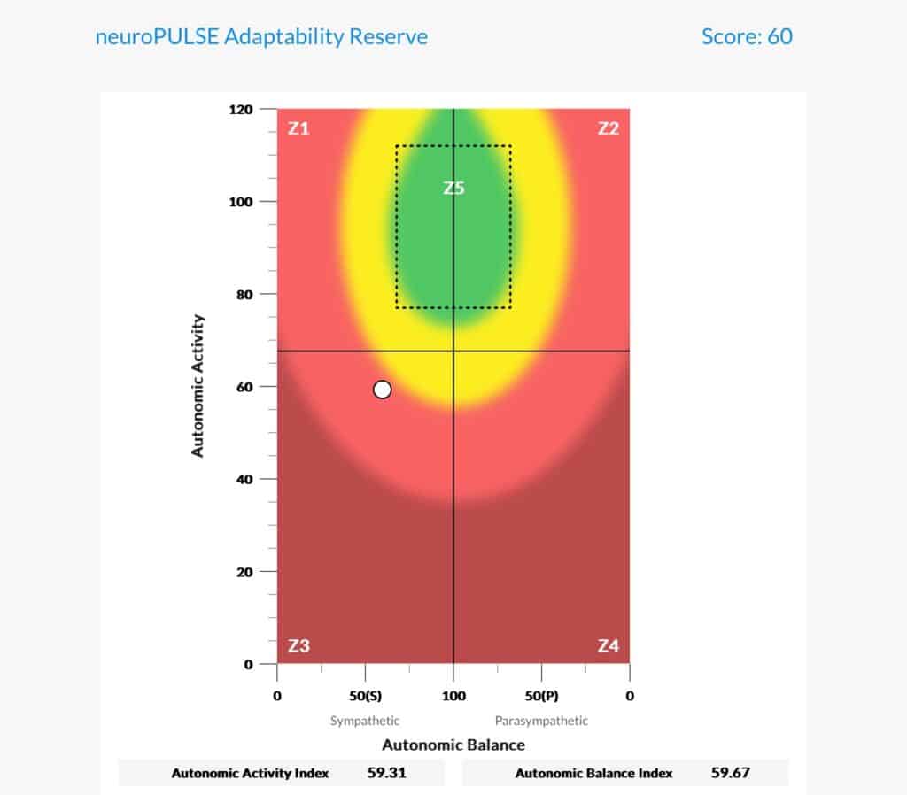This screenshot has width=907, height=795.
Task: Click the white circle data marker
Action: (382, 390)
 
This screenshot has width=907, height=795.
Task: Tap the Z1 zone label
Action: (298, 128)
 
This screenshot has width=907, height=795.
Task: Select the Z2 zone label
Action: (608, 128)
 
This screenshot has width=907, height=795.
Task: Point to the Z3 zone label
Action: (298, 645)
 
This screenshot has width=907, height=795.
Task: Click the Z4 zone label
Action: (608, 645)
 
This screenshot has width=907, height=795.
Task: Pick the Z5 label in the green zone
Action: (453, 188)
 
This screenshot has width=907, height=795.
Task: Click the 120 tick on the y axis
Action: (242, 110)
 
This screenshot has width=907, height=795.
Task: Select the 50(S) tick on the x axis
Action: (364, 696)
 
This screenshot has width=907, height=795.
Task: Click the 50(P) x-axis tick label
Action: (540, 696)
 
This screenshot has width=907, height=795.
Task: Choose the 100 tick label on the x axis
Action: (453, 696)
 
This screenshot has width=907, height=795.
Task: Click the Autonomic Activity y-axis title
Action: (198, 385)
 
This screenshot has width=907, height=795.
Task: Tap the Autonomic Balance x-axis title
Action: (453, 744)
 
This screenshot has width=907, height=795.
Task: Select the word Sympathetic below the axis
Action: (365, 721)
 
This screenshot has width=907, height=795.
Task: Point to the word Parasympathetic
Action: (541, 721)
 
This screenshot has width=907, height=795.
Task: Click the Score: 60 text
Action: (747, 36)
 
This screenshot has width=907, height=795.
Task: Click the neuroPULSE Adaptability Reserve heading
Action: (261, 36)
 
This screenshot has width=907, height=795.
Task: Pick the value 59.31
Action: (386, 773)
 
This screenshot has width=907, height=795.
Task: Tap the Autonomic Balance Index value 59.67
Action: (731, 773)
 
